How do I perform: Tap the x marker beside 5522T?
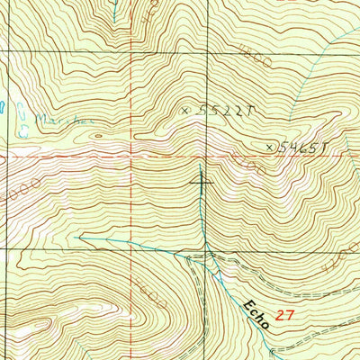point(186,110)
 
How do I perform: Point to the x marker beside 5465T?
point(269,145)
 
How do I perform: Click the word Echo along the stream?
point(255,313)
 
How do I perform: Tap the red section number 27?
point(285,316)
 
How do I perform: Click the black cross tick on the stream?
point(201,181)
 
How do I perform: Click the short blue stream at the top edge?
point(115,11)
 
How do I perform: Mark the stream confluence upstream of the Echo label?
point(206,256)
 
